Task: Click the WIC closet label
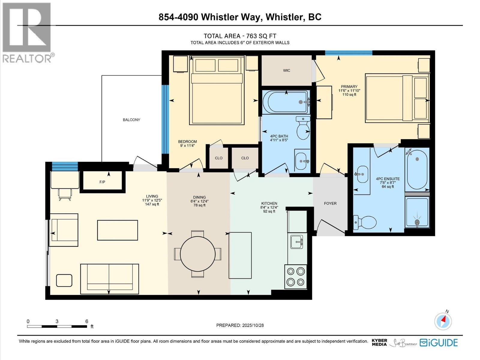click(286, 70)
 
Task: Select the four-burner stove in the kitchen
click(295, 277)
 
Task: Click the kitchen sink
click(296, 241)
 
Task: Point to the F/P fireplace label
click(102, 182)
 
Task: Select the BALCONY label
click(131, 120)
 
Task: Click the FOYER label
click(330, 203)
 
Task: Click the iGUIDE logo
click(439, 343)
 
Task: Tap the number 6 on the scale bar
click(87, 321)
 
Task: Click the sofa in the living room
click(109, 279)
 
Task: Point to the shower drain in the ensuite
click(417, 222)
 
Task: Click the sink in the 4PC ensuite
click(362, 174)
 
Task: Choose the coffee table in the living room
click(117, 230)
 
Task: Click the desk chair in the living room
click(65, 194)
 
